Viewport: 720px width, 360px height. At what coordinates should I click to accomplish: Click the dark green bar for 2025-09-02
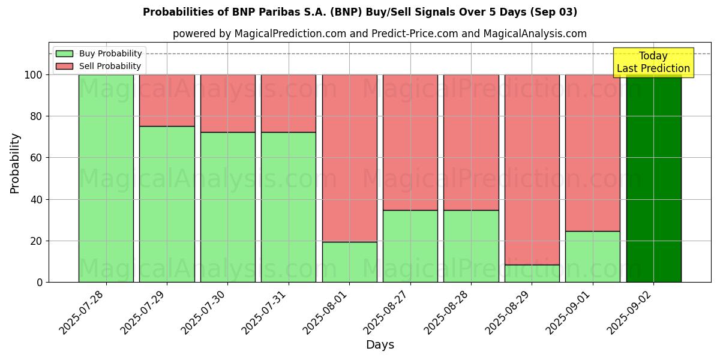click(653, 180)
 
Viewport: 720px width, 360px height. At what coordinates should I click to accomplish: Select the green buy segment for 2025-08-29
click(532, 274)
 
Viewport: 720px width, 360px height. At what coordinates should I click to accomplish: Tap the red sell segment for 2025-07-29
click(167, 100)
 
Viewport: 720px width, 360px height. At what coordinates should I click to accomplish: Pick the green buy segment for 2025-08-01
click(349, 262)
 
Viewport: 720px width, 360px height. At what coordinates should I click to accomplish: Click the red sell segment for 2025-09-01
click(592, 152)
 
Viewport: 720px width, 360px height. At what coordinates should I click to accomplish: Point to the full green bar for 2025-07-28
click(106, 178)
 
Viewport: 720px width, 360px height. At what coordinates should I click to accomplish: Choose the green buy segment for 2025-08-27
click(410, 246)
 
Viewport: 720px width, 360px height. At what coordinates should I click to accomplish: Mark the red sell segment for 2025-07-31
click(289, 103)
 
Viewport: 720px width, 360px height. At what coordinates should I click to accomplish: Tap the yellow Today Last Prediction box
click(653, 62)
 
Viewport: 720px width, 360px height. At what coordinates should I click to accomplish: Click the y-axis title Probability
click(15, 163)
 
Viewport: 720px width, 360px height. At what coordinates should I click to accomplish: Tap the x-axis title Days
click(380, 345)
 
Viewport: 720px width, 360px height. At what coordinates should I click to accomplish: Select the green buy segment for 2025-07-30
click(228, 207)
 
